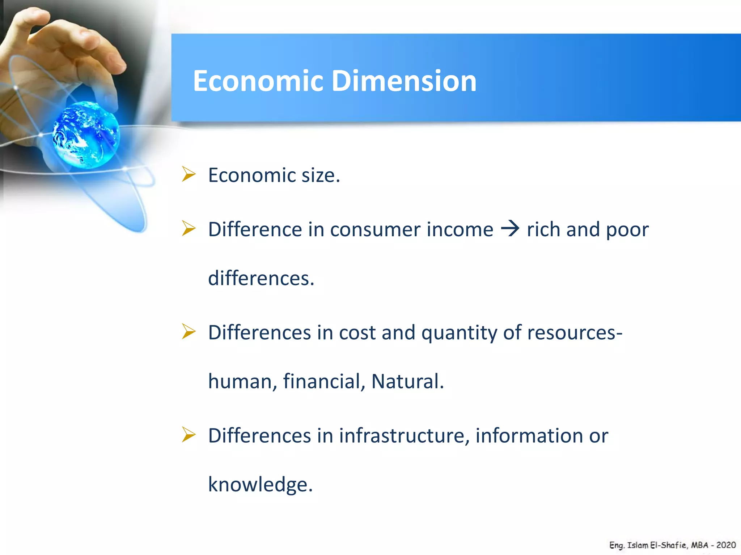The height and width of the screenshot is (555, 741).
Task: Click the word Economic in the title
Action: click(258, 81)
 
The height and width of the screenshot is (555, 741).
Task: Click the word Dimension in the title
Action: click(404, 81)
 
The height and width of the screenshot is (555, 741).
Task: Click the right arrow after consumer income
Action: click(510, 229)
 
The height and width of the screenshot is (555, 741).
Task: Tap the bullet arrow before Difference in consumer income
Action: click(189, 228)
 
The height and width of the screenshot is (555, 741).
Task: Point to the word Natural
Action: click(407, 382)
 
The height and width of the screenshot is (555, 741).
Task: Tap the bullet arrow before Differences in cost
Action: click(189, 331)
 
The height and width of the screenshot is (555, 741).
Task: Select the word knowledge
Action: click(260, 485)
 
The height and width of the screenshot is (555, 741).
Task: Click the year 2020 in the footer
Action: click(726, 545)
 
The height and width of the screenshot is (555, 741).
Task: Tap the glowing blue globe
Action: click(86, 135)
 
